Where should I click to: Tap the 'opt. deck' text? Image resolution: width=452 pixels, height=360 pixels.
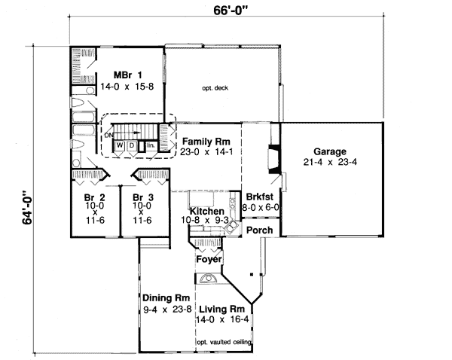(215, 88)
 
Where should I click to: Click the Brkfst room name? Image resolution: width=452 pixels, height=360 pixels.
(260, 197)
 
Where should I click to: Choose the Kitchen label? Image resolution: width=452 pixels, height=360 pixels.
(206, 212)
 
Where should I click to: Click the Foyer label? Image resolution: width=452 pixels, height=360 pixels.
(208, 260)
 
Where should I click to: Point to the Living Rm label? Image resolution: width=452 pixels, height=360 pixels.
(221, 309)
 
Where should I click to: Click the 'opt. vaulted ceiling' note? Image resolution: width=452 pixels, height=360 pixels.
(224, 343)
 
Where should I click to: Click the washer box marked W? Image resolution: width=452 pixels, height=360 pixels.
(119, 145)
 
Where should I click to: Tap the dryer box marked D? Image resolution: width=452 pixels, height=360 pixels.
(131, 145)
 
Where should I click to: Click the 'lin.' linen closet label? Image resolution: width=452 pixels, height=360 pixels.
(151, 145)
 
